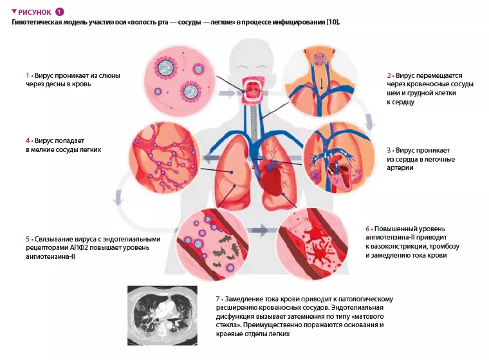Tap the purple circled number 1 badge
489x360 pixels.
pyautogui.click(x=60, y=12)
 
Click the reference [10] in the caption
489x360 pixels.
pyautogui.click(x=333, y=22)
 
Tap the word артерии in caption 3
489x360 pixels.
pyautogui.click(x=400, y=167)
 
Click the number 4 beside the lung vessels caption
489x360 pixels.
pyautogui.click(x=28, y=140)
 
